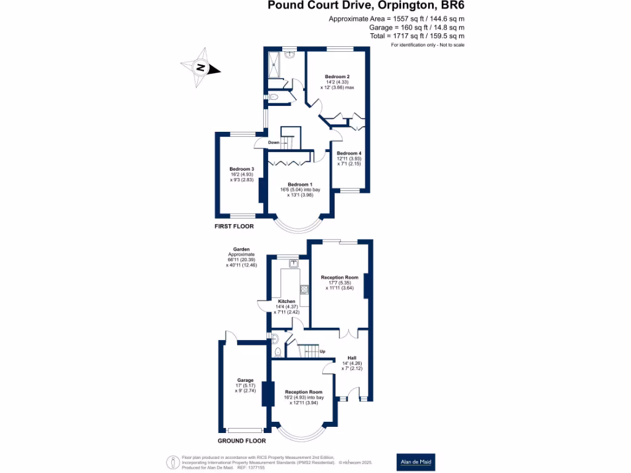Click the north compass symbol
tap(200, 67)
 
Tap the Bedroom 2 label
tap(337, 76)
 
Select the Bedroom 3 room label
tap(242, 169)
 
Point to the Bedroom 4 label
tap(349, 153)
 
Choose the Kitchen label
tap(287, 301)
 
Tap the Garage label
tap(246, 380)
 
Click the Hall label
tap(352, 358)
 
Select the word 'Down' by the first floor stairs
tap(274, 143)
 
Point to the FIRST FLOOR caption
tap(234, 227)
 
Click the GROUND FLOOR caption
tap(242, 441)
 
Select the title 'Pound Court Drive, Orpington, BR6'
tap(366, 6)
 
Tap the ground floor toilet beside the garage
tap(278, 352)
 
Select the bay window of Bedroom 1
tap(298, 227)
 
